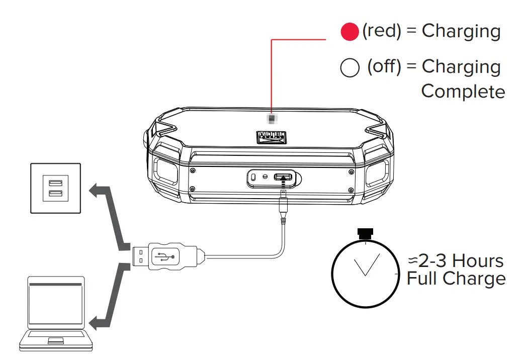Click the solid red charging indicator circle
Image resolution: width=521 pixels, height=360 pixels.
pyautogui.click(x=350, y=32)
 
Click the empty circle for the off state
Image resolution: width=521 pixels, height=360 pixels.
pyautogui.click(x=350, y=68)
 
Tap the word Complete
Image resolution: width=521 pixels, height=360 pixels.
pyautogui.click(x=463, y=92)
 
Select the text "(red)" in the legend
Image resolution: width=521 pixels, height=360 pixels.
pyautogui.click(x=382, y=31)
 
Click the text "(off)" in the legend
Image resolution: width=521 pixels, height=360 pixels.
pyautogui.click(x=384, y=66)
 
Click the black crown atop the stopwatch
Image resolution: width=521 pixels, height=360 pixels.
pyautogui.click(x=366, y=232)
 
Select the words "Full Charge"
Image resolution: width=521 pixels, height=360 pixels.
pyautogui.click(x=456, y=279)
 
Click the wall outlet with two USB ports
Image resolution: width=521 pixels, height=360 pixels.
pyautogui.click(x=55, y=188)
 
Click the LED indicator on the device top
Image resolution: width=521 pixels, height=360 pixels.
pyautogui.click(x=272, y=119)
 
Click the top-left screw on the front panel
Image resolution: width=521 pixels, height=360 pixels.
pyautogui.click(x=193, y=170)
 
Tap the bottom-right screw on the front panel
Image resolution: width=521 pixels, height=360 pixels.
pyautogui.click(x=350, y=189)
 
